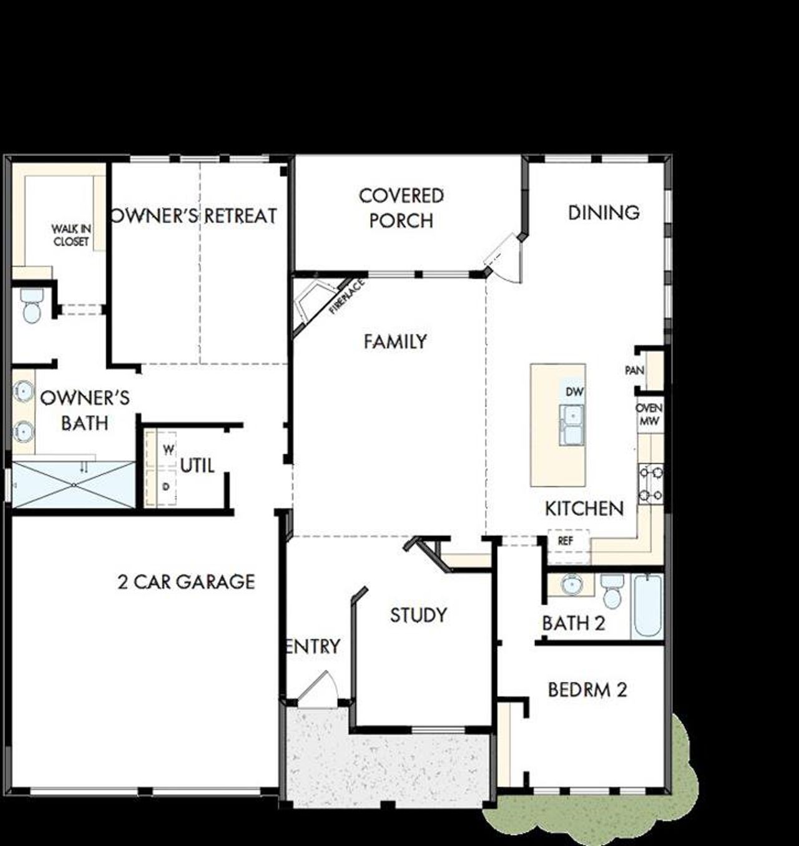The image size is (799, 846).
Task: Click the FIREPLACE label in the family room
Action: (x=346, y=296)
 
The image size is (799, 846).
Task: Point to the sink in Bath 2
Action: (x=571, y=585)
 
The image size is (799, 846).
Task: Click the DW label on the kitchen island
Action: (x=574, y=392)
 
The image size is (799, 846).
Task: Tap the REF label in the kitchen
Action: (x=565, y=541)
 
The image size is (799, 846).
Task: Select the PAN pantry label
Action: (x=634, y=371)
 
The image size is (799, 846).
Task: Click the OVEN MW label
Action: (x=649, y=415)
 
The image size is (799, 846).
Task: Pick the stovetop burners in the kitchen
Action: (x=650, y=484)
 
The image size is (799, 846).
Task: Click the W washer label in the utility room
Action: (x=169, y=449)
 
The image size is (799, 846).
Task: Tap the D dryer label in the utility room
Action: (x=166, y=486)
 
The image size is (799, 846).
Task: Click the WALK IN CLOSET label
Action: (x=71, y=236)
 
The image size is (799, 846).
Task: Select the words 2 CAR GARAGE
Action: (x=186, y=582)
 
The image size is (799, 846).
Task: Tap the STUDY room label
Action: (x=418, y=615)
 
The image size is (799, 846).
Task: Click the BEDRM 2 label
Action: (x=587, y=690)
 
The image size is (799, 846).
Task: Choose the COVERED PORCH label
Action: (x=401, y=208)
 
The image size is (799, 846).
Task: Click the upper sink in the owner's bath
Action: (x=24, y=391)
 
